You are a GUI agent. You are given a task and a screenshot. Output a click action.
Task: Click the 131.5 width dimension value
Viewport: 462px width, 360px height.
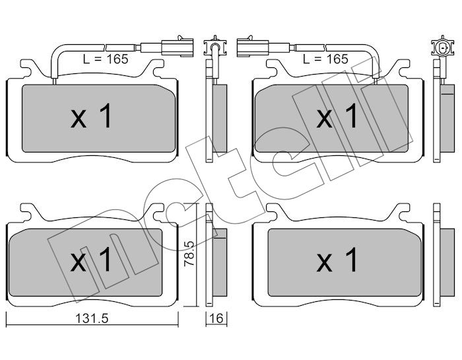pyautogui.click(x=92, y=318)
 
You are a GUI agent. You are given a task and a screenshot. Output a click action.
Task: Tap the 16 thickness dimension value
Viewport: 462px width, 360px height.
pyautogui.click(x=216, y=318)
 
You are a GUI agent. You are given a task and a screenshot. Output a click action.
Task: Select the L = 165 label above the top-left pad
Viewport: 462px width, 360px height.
pyautogui.click(x=106, y=59)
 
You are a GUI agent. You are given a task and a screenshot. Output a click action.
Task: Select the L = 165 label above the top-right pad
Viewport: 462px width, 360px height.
pyautogui.click(x=325, y=59)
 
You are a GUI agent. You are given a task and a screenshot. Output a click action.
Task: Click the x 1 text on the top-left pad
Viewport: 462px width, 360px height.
pyautogui.click(x=91, y=116)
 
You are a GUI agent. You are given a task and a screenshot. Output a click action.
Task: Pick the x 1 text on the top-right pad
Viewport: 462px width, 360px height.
pyautogui.click(x=337, y=116)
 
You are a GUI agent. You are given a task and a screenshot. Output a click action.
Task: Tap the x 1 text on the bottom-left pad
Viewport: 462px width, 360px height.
pyautogui.click(x=91, y=260)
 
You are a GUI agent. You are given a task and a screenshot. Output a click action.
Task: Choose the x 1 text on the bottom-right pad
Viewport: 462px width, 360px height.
pyautogui.click(x=337, y=260)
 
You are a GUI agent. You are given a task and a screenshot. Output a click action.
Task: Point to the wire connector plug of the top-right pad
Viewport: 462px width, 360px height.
pyautogui.click(x=253, y=46)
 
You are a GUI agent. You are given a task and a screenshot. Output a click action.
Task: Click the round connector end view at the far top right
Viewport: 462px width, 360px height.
pyautogui.click(x=443, y=47)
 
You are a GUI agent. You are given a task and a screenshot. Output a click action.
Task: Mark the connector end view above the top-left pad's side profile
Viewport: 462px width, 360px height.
pyautogui.click(x=215, y=47)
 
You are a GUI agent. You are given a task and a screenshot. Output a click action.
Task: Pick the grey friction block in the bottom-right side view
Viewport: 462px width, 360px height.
pyautogui.click(x=447, y=262)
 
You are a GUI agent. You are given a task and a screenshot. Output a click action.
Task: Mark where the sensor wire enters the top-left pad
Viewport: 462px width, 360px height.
pyautogui.click(x=55, y=81)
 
